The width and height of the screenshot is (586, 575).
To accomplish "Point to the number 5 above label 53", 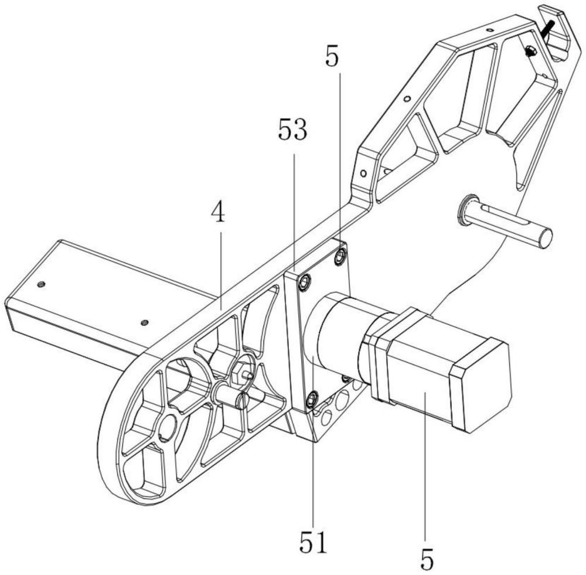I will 332,59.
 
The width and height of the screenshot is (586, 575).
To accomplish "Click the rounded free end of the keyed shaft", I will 545,237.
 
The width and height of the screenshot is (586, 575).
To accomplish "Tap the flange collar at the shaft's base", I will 466,210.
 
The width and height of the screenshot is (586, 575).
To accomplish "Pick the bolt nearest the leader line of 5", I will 340,257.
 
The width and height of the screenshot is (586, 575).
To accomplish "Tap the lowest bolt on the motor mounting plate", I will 311,400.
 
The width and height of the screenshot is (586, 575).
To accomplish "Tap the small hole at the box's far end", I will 40,284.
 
